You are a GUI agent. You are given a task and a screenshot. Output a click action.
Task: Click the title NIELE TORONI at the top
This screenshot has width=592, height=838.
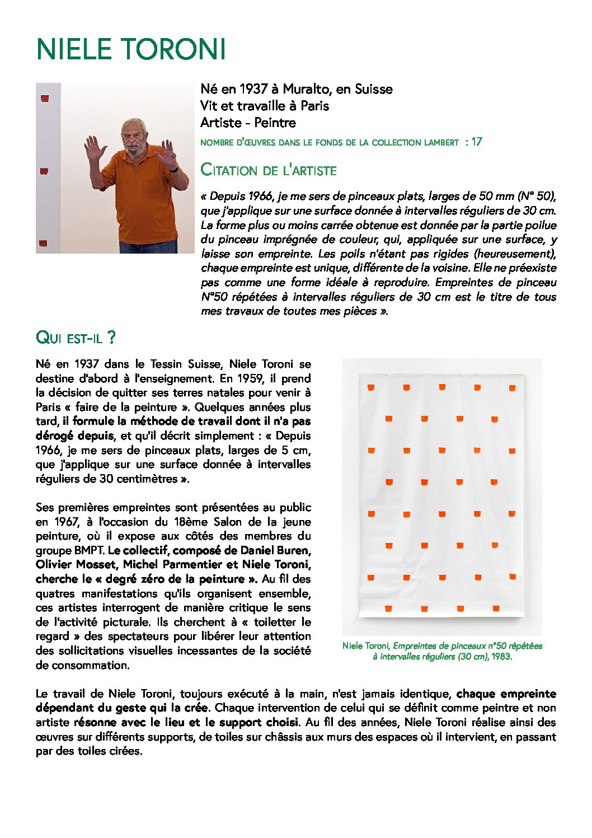[131, 49]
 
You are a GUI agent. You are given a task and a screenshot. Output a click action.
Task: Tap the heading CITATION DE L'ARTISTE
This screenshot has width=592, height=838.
[269, 170]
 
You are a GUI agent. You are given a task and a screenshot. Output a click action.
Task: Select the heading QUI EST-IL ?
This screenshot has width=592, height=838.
[76, 338]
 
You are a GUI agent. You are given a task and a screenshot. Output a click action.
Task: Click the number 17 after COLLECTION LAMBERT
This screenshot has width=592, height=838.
[476, 142]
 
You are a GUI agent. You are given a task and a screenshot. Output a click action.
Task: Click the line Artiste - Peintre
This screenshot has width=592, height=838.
[248, 123]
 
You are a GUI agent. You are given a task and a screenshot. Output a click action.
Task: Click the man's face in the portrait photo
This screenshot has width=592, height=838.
[133, 138]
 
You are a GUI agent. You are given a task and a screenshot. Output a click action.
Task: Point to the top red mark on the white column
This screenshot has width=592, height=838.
[45, 99]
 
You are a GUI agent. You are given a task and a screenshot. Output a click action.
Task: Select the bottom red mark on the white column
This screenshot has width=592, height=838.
[43, 244]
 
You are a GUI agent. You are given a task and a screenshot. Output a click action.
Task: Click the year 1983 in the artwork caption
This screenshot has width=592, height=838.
[501, 657]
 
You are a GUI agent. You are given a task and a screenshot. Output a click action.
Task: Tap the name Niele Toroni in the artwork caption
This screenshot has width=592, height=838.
[366, 646]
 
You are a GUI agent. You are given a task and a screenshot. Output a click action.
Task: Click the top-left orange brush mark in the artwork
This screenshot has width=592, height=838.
[371, 387]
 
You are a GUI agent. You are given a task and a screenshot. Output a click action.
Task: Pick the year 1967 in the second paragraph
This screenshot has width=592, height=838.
[67, 522]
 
